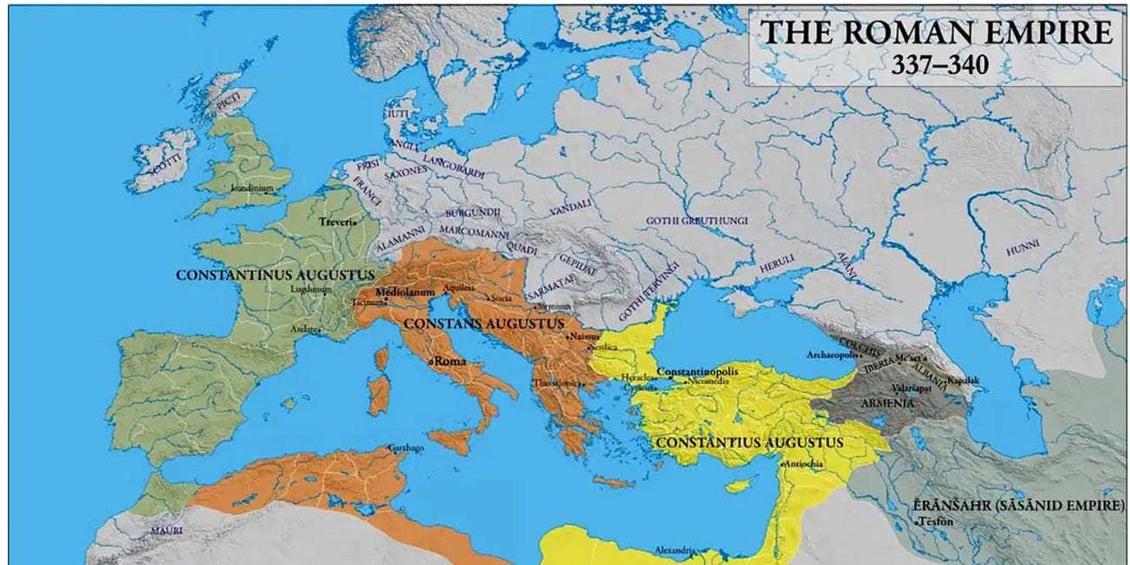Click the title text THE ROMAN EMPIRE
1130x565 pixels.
click(935, 32)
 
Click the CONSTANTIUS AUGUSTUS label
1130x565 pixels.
click(749, 442)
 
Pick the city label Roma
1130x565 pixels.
click(451, 360)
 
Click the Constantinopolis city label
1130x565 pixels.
click(697, 371)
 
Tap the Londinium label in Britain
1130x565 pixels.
click(252, 188)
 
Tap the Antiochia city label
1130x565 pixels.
click(808, 464)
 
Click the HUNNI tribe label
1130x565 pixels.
click(1022, 249)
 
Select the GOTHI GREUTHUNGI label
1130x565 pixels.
click(696, 221)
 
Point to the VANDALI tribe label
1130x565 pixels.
click(570, 203)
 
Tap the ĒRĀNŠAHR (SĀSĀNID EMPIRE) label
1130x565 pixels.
click(1018, 505)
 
